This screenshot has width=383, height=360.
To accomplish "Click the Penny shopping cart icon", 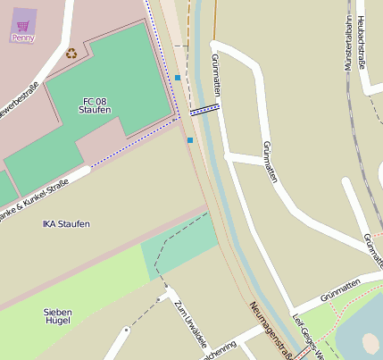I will coord(23,26).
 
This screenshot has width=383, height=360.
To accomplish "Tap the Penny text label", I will coord(23,38).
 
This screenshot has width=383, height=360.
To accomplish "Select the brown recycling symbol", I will coord(71,53).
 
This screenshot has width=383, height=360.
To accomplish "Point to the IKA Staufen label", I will coord(66,223).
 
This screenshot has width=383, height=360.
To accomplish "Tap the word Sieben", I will coord(58,312).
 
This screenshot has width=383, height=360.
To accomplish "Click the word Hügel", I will coord(58,322).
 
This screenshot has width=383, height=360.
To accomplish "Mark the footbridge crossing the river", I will coord(204,110).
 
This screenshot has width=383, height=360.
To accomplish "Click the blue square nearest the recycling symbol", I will coord(178,79).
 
